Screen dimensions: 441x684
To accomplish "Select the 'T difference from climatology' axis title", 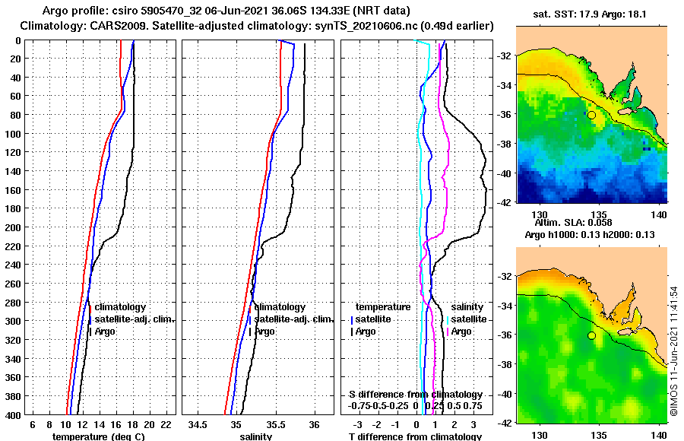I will coord(415,436).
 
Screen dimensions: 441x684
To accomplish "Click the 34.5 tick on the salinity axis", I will coord(198,424).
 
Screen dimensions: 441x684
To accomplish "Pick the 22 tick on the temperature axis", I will coord(166,424).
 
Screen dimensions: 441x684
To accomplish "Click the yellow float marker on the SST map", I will coord(591,115).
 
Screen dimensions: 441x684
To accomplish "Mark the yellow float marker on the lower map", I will coord(591,335).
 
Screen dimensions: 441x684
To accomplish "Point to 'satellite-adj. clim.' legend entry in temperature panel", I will coord(134,319).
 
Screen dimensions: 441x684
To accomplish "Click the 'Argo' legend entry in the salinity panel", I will coord(265,332).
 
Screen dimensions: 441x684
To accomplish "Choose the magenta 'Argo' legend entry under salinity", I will coord(462,332).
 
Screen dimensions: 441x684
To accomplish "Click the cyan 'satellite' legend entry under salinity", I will coord(468,319).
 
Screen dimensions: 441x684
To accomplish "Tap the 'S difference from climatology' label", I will coord(415,395).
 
